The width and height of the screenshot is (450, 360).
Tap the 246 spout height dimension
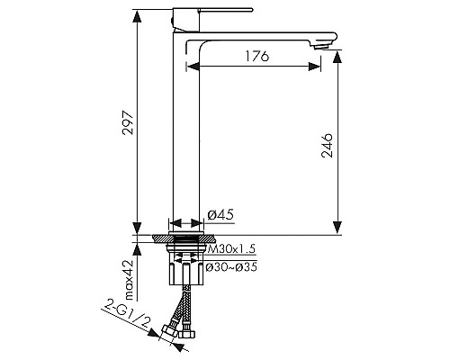tap(328, 144)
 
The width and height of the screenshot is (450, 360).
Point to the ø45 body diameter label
tap(221, 215)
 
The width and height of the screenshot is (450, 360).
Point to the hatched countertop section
tap(184, 238)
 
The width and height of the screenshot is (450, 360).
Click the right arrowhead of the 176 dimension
tap(317, 66)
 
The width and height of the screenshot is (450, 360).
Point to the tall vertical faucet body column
tap(184, 135)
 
